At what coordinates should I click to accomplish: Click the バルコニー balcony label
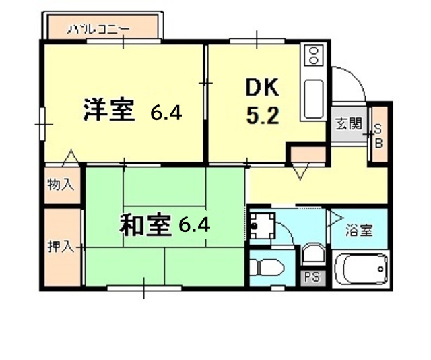tap(98, 29)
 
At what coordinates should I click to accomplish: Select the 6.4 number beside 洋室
tap(166, 112)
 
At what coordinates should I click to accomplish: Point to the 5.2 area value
tap(261, 116)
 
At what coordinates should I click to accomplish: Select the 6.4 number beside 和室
tap(195, 224)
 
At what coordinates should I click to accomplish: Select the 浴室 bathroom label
tap(358, 231)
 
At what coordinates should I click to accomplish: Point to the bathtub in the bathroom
tap(362, 270)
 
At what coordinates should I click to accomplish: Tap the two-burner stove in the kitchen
tap(313, 57)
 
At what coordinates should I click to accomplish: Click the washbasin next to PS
tap(312, 255)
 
